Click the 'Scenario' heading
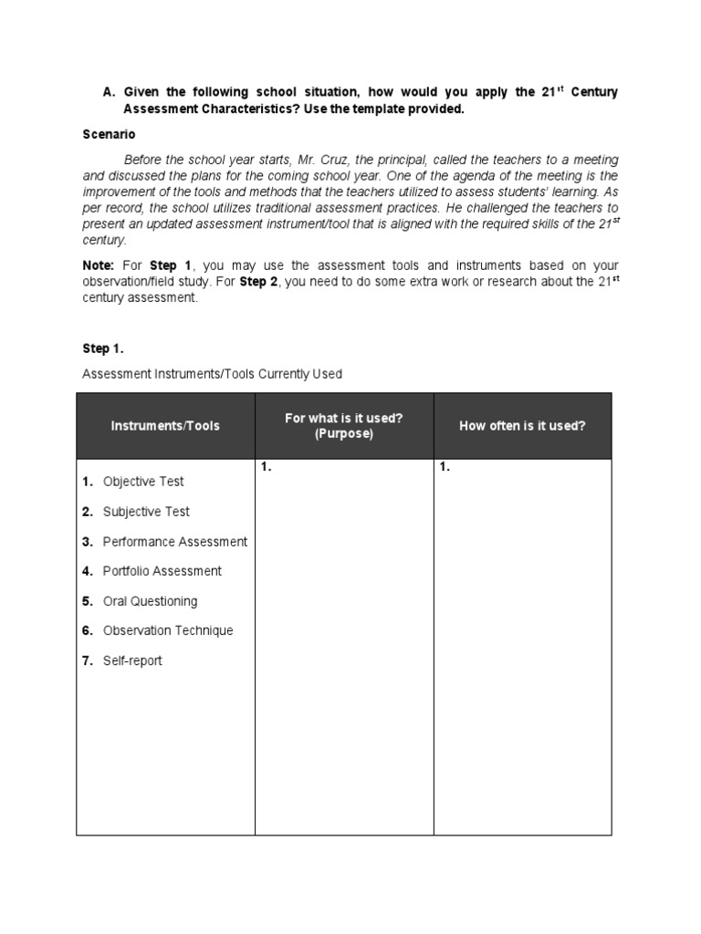tap(110, 134)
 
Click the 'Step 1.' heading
tap(102, 348)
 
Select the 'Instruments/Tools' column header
tap(165, 426)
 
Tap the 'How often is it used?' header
tap(522, 426)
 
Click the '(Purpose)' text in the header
tap(344, 434)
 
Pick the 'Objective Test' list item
tap(143, 482)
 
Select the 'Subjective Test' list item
tap(146, 512)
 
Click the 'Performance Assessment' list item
tap(174, 542)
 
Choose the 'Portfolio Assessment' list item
tap(162, 571)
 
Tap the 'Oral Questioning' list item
tap(150, 601)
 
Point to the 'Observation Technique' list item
tap(168, 630)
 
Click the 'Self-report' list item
tap(132, 660)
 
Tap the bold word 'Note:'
tap(99, 265)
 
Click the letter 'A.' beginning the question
tap(109, 92)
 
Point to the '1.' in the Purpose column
tap(266, 467)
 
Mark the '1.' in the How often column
tap(445, 467)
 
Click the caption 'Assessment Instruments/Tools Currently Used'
tap(212, 374)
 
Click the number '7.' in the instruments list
tap(88, 660)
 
